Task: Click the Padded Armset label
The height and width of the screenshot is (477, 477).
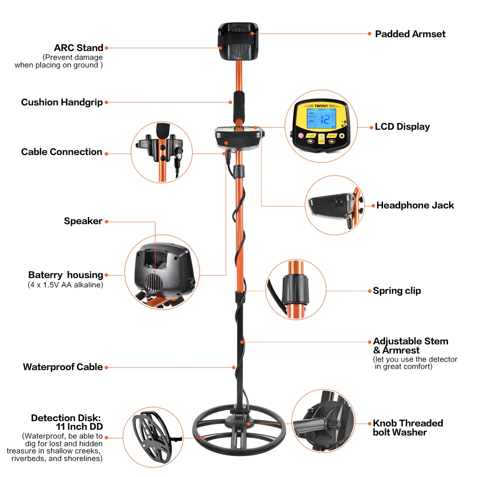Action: (x=410, y=34)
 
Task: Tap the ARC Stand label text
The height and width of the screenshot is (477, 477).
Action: (x=79, y=48)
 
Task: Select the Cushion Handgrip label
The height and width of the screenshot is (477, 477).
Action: (x=62, y=102)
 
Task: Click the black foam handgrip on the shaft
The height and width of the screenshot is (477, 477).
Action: (x=238, y=107)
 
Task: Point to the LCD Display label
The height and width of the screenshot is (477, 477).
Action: (x=402, y=126)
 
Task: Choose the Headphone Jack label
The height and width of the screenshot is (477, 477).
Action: (x=415, y=205)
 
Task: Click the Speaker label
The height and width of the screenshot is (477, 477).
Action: (x=83, y=221)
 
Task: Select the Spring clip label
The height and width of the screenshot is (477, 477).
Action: (x=397, y=290)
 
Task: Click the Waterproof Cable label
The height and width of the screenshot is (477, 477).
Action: (x=63, y=367)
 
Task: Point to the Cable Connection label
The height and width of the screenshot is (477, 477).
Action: (x=62, y=152)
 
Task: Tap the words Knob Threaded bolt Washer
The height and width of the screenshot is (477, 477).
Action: (x=408, y=427)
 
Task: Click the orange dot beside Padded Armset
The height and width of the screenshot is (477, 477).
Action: (x=369, y=34)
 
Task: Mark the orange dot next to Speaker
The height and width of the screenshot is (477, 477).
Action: (x=107, y=221)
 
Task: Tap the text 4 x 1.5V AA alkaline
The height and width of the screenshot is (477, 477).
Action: (x=65, y=285)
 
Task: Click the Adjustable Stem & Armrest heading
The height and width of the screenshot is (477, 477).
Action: (x=410, y=345)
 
